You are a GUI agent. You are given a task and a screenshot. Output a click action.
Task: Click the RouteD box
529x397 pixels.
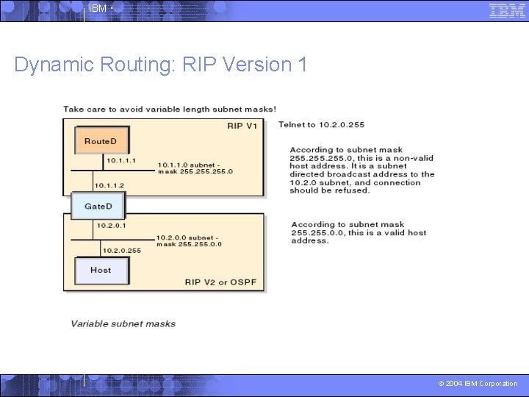[101, 141]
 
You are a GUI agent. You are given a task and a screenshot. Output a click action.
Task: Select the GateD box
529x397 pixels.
[98, 206]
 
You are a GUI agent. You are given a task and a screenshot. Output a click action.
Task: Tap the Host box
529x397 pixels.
[101, 270]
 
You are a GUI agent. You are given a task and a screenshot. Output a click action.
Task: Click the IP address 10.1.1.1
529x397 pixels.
[121, 160]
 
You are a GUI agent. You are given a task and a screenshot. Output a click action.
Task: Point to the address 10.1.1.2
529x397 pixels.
[109, 185]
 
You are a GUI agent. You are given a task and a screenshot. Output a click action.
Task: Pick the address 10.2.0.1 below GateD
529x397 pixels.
[110, 226]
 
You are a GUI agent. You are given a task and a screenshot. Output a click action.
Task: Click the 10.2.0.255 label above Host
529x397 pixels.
[122, 251]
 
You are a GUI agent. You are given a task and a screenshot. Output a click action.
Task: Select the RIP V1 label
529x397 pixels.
[242, 126]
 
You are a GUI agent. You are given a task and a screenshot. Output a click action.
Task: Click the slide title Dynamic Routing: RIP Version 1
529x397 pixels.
[160, 65]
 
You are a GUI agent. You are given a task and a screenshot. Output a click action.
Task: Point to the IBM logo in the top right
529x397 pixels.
[507, 10]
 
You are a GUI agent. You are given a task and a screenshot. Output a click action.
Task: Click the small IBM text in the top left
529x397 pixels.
[98, 9]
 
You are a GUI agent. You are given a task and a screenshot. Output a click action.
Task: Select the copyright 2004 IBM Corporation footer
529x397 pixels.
[478, 384]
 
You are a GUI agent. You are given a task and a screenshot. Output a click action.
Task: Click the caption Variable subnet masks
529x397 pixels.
[123, 323]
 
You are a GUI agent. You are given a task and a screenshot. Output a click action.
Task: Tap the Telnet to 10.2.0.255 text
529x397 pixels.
[321, 125]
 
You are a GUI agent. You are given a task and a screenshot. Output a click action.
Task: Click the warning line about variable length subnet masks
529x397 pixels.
[170, 110]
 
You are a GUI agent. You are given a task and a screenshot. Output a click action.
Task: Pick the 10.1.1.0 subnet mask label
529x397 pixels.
[195, 168]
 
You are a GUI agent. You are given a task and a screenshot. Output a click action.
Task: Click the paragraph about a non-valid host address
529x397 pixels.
[361, 170]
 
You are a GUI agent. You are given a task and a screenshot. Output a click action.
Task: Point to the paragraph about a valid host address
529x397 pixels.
[359, 232]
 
